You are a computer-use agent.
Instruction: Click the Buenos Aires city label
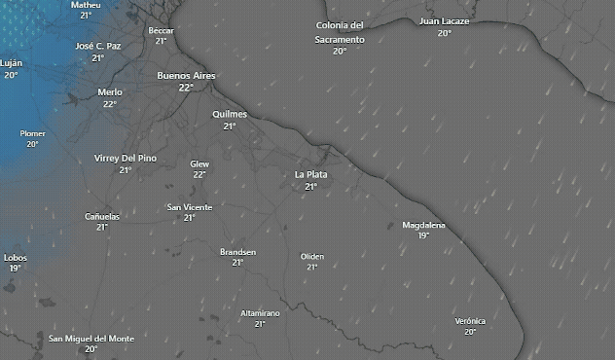click(186, 75)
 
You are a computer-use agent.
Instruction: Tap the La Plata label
click(310, 174)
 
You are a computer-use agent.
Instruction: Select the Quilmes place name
click(230, 114)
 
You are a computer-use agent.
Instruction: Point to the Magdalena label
click(423, 225)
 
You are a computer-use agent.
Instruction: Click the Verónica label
click(470, 321)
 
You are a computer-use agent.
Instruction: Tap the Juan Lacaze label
click(444, 20)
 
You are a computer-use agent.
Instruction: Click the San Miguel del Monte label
click(91, 338)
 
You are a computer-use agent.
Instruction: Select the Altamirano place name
click(260, 313)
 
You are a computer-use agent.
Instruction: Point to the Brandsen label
click(237, 252)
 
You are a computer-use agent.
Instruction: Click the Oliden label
click(312, 256)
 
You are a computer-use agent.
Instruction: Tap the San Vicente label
click(190, 207)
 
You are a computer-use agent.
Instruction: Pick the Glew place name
click(199, 163)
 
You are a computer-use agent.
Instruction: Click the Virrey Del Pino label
click(126, 158)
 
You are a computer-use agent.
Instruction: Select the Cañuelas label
click(102, 216)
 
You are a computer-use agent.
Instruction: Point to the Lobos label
click(16, 257)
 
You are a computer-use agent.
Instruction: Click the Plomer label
click(33, 133)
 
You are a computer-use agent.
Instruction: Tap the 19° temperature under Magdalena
click(423, 235)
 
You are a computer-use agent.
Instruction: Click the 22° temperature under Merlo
click(110, 103)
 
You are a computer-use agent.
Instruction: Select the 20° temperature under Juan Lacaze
click(444, 32)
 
